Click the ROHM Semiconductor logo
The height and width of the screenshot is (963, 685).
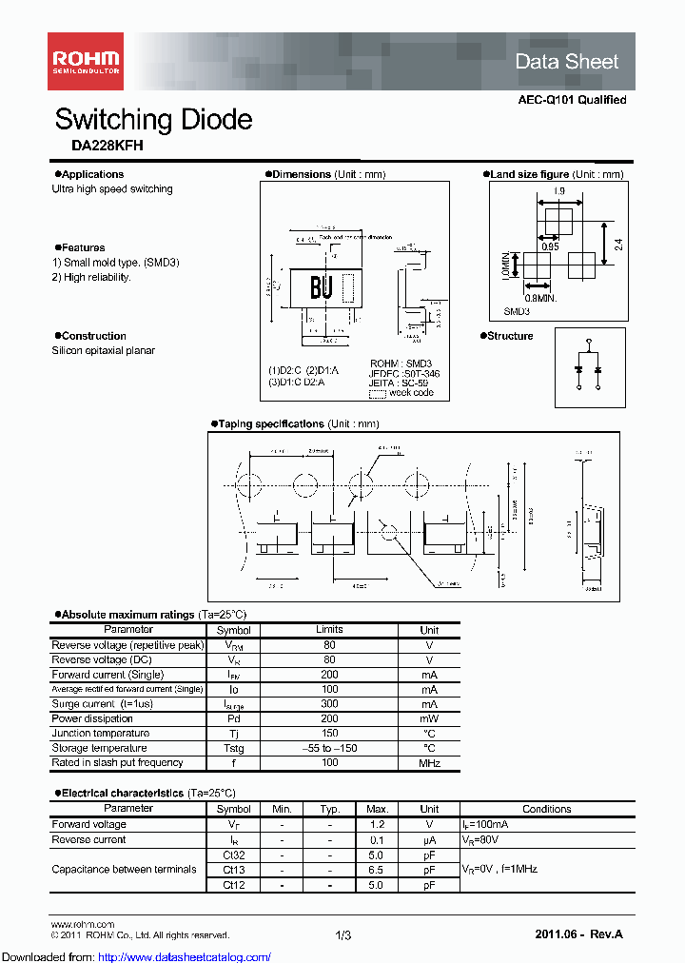coord(85,61)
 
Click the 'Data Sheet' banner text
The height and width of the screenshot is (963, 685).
coord(566,62)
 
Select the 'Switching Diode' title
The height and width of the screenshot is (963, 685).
coord(153,120)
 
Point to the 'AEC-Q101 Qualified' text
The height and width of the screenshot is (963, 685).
coord(572,100)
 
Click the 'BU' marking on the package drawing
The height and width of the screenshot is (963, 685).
coord(321,288)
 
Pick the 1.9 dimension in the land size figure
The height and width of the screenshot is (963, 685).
coord(558,192)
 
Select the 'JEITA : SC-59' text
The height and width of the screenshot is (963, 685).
coord(403,383)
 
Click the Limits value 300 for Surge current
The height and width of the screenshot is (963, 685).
coord(329,704)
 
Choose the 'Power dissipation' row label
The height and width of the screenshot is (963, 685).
coord(93,718)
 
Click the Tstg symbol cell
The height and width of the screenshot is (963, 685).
coord(233,748)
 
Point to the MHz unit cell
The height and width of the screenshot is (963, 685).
coord(429,763)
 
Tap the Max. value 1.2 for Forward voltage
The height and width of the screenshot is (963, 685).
coord(376,825)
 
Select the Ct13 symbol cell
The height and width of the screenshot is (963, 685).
coord(233,870)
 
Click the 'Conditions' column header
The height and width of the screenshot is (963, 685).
coord(546,809)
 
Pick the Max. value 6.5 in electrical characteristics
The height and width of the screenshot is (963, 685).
coord(376,870)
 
